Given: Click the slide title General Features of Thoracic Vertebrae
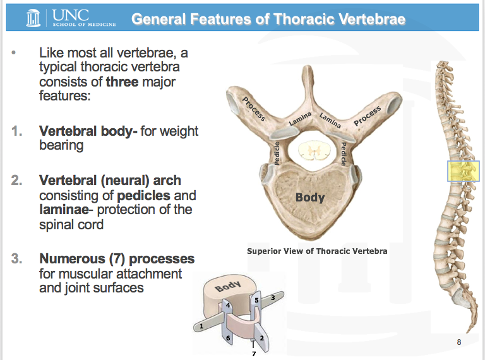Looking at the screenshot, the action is (x=268, y=19).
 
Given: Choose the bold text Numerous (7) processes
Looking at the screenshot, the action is (x=117, y=259).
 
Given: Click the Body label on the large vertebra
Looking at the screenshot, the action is (x=309, y=197).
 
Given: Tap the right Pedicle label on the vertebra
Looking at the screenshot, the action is (x=344, y=153).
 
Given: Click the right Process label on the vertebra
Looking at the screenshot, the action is (x=368, y=116).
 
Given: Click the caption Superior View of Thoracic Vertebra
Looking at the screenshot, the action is (x=316, y=251).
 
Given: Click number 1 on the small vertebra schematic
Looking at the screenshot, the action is (x=201, y=327).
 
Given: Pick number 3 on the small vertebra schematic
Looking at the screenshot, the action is (x=272, y=296).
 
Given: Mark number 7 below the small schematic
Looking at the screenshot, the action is (x=253, y=353).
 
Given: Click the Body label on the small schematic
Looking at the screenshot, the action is (x=228, y=287).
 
